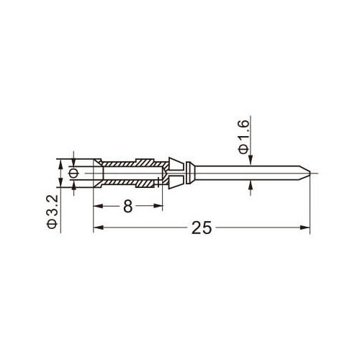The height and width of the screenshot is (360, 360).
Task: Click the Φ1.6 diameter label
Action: click(243, 137)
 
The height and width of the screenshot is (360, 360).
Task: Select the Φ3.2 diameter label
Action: click(53, 212)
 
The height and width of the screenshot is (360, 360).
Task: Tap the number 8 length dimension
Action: click(128, 206)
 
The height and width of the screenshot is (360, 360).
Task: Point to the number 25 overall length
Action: click(202, 228)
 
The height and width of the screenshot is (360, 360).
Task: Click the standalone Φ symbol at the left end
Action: click(73, 173)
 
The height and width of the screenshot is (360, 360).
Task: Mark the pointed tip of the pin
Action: click(310, 173)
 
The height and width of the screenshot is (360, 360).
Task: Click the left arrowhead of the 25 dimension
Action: click(98, 228)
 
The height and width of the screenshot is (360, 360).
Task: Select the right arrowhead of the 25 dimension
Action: click(305, 228)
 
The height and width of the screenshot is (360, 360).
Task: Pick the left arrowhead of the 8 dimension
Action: click(98, 206)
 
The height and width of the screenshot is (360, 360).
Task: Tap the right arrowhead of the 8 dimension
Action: click(158, 206)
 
